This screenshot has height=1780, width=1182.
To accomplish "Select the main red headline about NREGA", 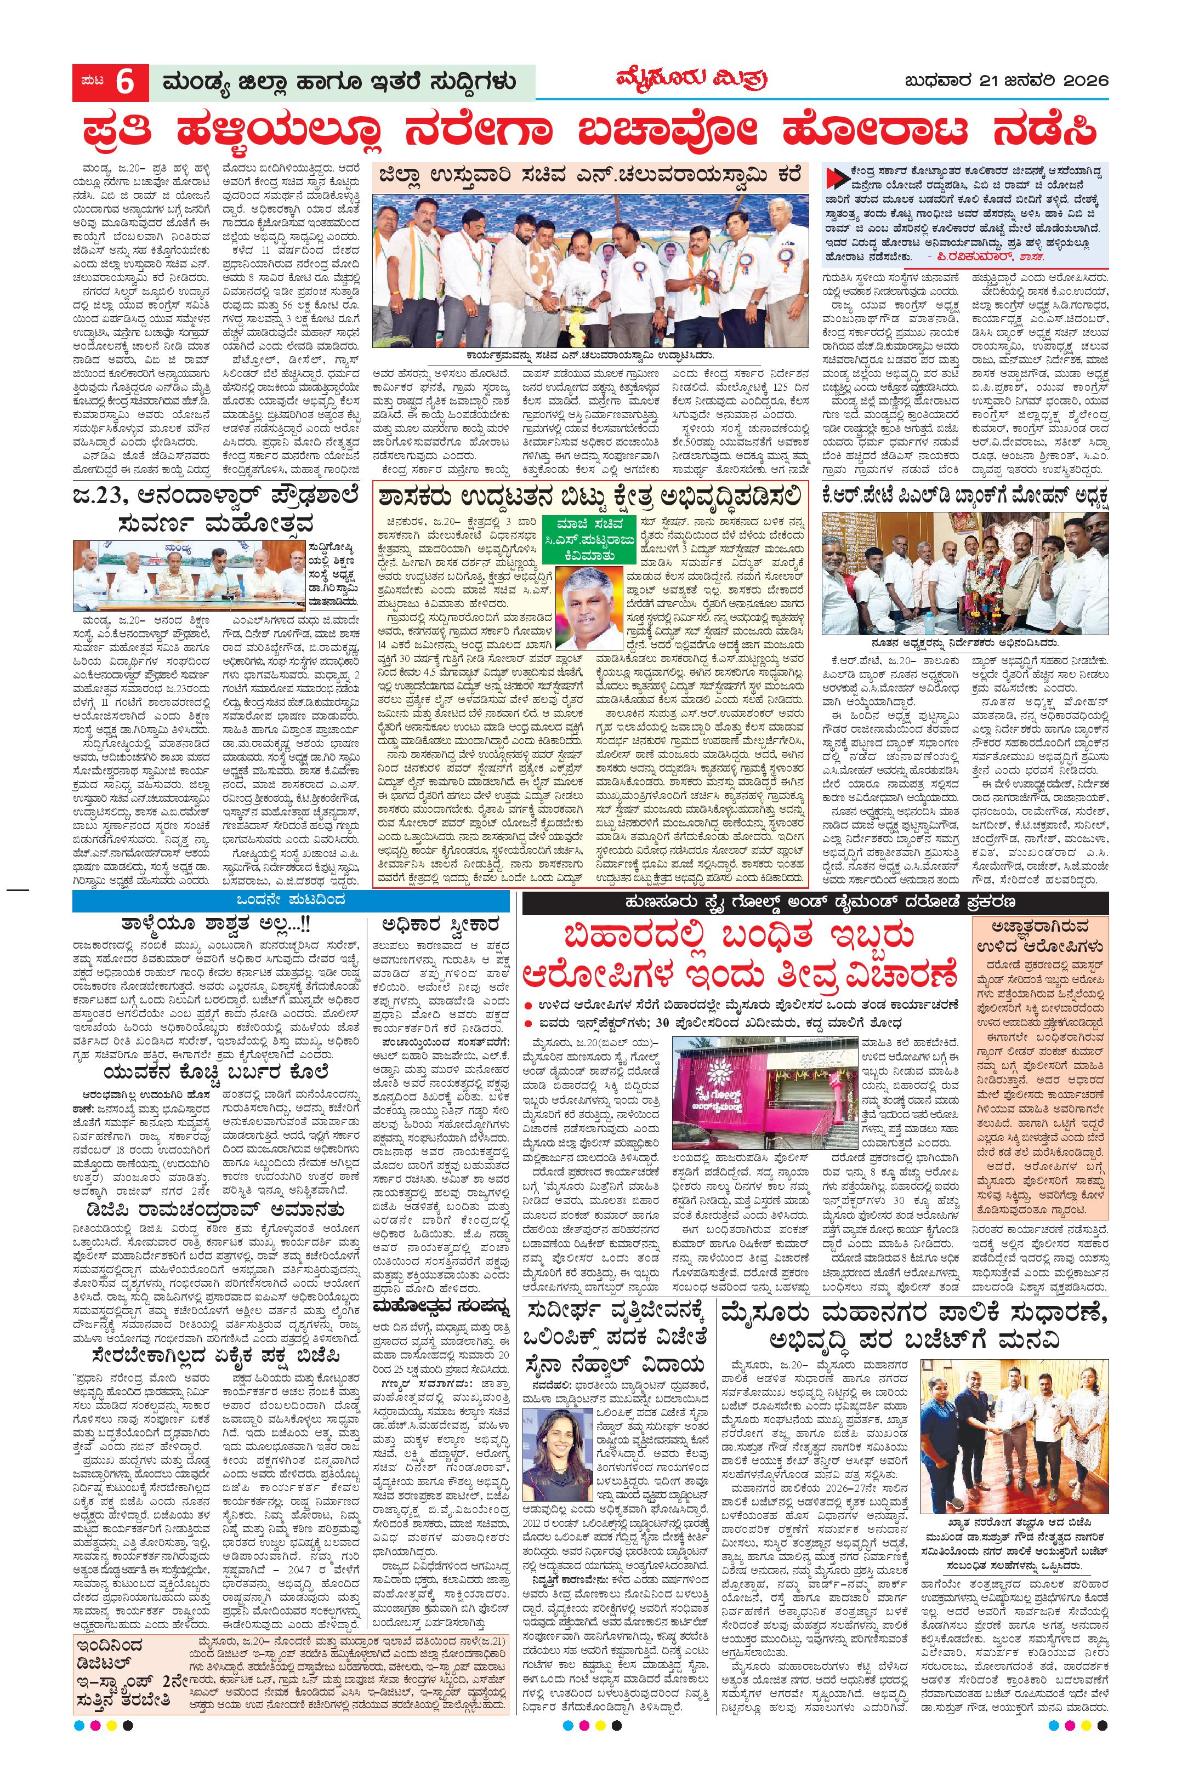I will [x=590, y=130].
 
